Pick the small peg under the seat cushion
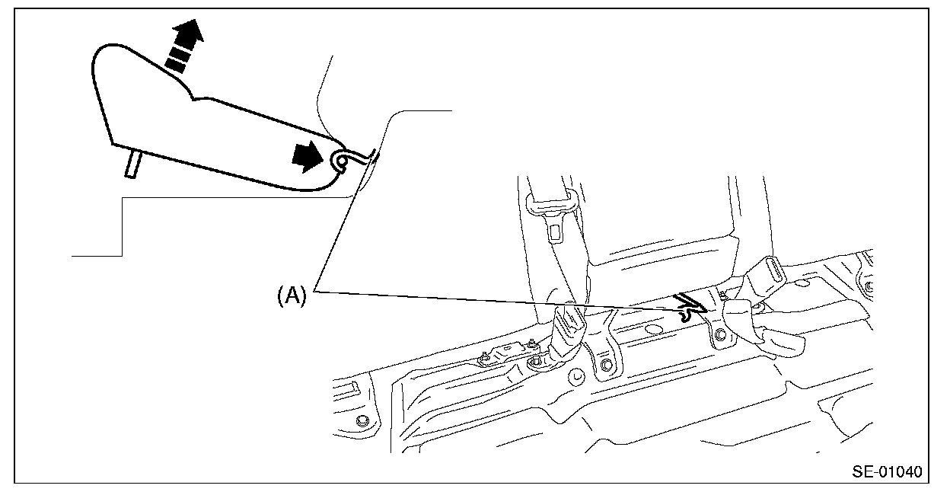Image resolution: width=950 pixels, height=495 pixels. click(x=132, y=163)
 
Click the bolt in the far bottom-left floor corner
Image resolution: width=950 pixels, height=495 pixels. click(x=361, y=420)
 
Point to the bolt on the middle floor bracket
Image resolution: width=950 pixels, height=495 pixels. click(x=606, y=366)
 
